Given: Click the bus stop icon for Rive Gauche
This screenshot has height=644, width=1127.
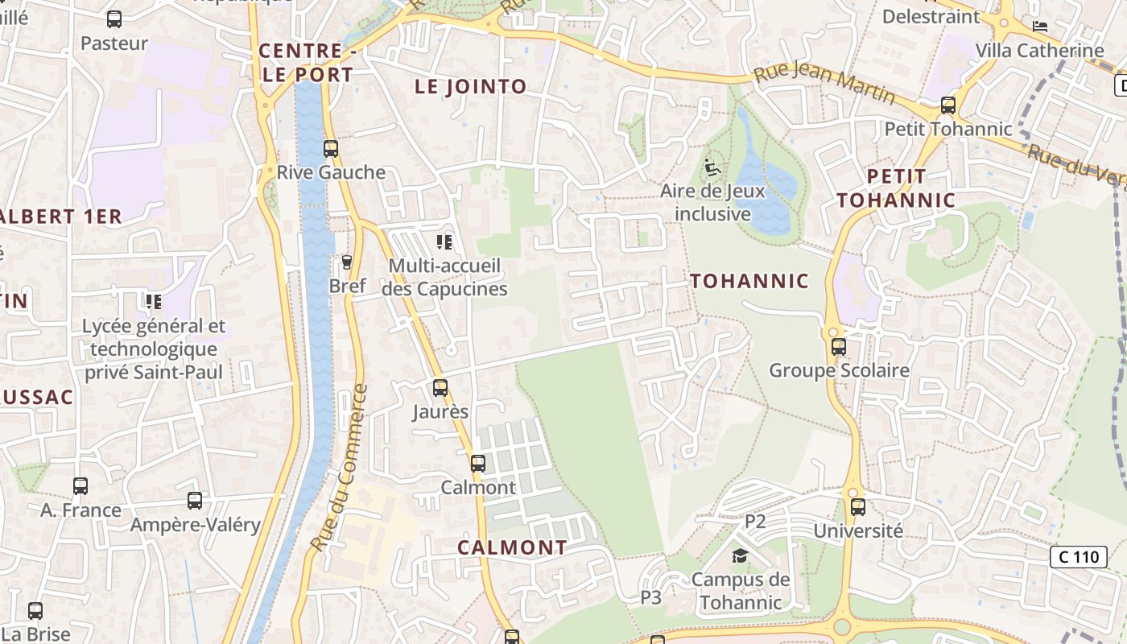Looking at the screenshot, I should [331, 149].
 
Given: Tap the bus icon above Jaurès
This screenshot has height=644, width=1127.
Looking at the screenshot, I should [440, 388].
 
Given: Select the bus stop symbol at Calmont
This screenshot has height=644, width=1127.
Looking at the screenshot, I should [478, 464].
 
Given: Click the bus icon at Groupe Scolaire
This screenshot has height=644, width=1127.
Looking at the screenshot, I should [839, 347].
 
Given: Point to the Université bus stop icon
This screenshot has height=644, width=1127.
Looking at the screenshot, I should [858, 507].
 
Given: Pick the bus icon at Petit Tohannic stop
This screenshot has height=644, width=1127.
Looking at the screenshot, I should [948, 105].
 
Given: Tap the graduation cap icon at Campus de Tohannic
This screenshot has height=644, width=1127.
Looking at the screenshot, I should [740, 555].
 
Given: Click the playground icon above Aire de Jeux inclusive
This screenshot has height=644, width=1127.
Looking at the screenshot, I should [712, 168].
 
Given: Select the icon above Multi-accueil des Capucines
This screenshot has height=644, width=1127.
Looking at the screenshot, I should [444, 242].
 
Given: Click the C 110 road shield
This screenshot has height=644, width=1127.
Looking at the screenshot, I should [1079, 556].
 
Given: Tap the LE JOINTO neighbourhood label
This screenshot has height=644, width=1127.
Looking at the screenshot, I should [471, 87].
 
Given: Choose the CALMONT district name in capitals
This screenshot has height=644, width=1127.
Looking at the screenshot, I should [513, 547].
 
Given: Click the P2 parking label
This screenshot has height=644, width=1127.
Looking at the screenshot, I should [755, 521].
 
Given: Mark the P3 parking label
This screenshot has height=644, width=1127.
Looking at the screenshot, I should [651, 597].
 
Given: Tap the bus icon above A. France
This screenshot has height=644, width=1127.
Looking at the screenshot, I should [80, 486].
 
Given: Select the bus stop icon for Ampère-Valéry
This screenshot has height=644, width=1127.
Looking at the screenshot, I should [195, 501].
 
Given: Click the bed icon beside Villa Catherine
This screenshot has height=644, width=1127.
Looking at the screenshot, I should [1040, 26].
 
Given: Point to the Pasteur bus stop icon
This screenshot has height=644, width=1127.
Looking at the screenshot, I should [114, 19].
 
